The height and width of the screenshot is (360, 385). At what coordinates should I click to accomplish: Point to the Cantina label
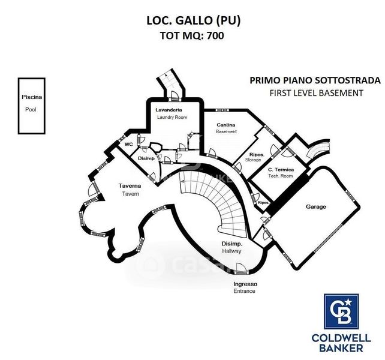coord(226,124)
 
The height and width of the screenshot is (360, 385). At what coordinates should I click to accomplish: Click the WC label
coord(128,145)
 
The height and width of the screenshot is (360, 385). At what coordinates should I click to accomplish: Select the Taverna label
coord(130,186)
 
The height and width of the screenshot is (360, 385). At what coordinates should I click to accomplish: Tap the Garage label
coord(316,207)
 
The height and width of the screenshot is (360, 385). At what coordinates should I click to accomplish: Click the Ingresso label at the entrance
coord(245,284)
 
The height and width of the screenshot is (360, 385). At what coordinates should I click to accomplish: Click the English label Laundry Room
coord(172,117)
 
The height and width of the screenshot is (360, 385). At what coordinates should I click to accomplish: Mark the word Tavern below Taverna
coord(130,194)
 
